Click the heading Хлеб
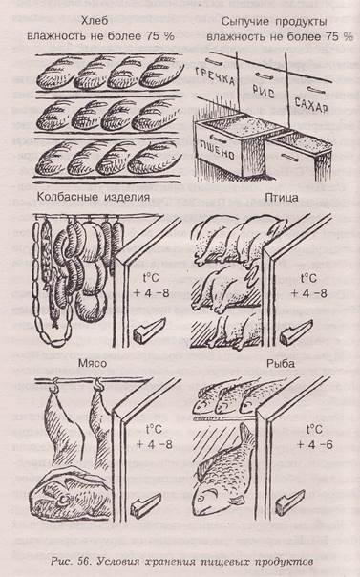click(95, 21)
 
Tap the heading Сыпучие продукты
click(274, 22)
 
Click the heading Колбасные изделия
click(94, 197)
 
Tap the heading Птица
click(282, 198)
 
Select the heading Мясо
click(93, 364)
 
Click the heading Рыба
click(281, 364)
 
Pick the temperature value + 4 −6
click(315, 444)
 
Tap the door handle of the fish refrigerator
click(290, 502)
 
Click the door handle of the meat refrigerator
click(146, 506)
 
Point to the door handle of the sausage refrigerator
click(149, 331)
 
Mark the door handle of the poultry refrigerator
click(296, 331)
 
